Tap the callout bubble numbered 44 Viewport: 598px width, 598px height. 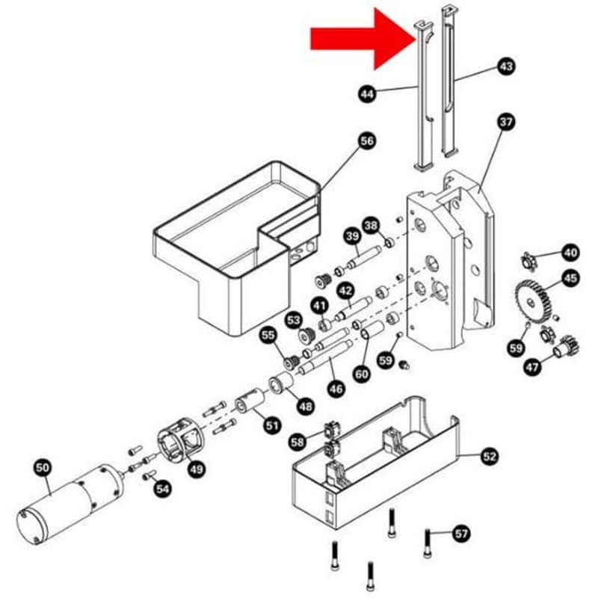pyautogui.click(x=367, y=94)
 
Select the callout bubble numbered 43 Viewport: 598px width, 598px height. pyautogui.click(x=506, y=67)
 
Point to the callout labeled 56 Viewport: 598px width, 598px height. pyautogui.click(x=366, y=141)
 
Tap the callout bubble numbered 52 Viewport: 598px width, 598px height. pyautogui.click(x=490, y=455)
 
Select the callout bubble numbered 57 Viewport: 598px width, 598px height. pyautogui.click(x=461, y=534)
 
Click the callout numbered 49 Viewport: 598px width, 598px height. pyautogui.click(x=196, y=469)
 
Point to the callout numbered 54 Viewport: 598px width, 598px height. pyautogui.click(x=162, y=488)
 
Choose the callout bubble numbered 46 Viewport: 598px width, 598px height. pyautogui.click(x=336, y=389)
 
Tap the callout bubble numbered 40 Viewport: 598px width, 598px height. pyautogui.click(x=570, y=253)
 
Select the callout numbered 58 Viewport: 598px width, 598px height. pyautogui.click(x=298, y=443)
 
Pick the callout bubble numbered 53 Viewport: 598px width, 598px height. pyautogui.click(x=292, y=321)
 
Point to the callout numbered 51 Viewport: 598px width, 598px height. pyautogui.click(x=271, y=425)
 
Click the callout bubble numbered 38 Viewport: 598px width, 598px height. pyautogui.click(x=371, y=225)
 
